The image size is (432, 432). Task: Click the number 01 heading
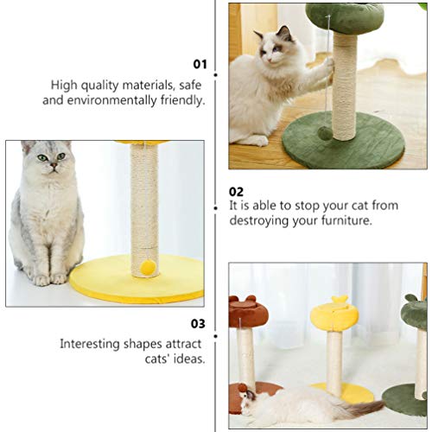pyautogui.click(x=200, y=64)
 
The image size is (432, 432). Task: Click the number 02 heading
pyautogui.click(x=237, y=192)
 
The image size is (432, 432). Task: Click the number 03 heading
pyautogui.click(x=199, y=325)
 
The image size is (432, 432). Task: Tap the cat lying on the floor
pyautogui.click(x=302, y=403)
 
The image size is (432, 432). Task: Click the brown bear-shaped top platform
pyautogui.click(x=245, y=312)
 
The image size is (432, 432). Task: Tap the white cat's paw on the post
pyautogui.click(x=329, y=67)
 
